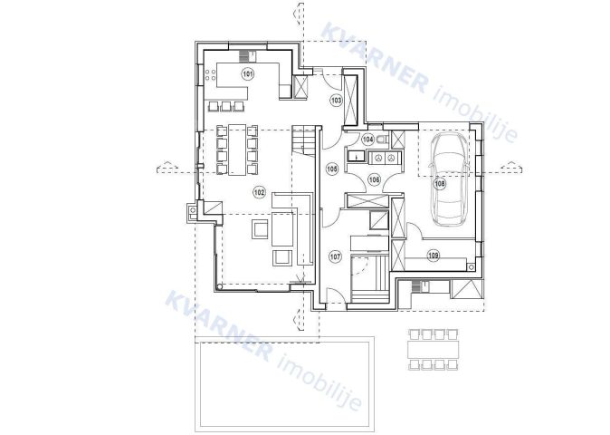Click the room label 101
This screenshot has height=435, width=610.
click(x=248, y=73)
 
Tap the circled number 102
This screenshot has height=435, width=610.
click(x=259, y=192)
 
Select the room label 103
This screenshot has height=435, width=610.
click(x=336, y=100)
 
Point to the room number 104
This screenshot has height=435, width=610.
click(x=367, y=139)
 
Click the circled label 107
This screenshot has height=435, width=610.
click(x=336, y=256)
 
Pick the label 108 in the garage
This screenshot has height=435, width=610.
click(x=440, y=183)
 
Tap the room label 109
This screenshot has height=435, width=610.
click(x=433, y=256)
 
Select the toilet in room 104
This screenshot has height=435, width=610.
click(x=382, y=139)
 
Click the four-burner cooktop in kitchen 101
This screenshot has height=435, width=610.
click(x=210, y=75)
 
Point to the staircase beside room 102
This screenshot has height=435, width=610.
click(x=303, y=140)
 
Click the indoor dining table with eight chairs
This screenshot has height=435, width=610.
click(x=237, y=150)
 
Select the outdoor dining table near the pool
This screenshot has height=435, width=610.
click(x=433, y=350)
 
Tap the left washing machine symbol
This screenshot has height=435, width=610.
click(x=377, y=158)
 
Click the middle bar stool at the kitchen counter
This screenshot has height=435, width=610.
click(x=226, y=106)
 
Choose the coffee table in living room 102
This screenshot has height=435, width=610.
click(x=282, y=228)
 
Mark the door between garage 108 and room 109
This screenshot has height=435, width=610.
click(x=415, y=230)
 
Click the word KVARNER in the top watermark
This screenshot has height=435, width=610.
click(x=374, y=58)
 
